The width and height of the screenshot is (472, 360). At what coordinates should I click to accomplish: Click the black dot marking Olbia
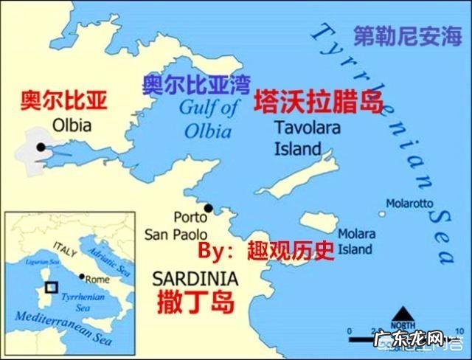tap(40, 148)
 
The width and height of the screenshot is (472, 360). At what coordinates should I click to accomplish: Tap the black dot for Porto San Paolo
tap(209, 209)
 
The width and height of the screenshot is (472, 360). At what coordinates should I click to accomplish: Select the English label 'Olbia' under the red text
tap(71, 125)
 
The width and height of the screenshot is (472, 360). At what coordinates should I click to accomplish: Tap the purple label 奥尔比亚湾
tap(196, 83)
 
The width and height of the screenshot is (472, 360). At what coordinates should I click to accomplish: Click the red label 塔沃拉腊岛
tap(319, 103)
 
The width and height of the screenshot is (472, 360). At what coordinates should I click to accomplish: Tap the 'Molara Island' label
tap(355, 241)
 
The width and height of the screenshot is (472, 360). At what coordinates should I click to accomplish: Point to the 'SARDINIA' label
tap(195, 279)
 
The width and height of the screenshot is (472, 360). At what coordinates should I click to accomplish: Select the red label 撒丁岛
tap(196, 302)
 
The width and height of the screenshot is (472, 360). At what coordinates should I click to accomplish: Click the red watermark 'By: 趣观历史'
tap(266, 252)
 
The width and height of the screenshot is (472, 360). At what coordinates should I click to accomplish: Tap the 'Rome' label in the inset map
tap(97, 280)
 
